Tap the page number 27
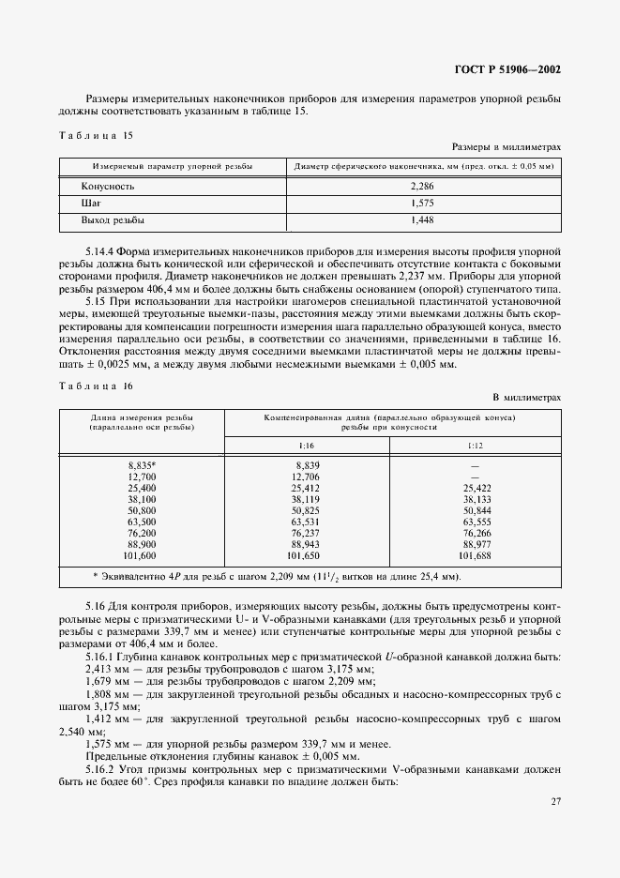click(553, 801)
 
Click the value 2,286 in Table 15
click(422, 187)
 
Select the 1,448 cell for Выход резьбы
click(422, 219)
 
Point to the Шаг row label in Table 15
click(91, 204)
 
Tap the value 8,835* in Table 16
click(143, 465)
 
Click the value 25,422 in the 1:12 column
click(476, 488)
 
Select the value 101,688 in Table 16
click(476, 555)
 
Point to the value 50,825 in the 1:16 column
click(306, 510)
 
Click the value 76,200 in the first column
click(141, 533)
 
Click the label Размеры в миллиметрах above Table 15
click(507, 146)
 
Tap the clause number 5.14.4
click(102, 253)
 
